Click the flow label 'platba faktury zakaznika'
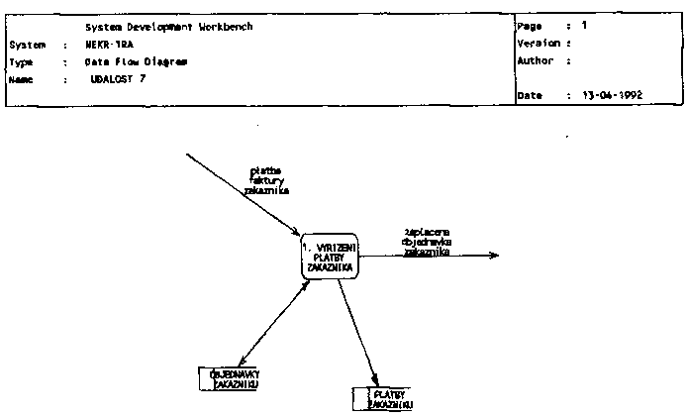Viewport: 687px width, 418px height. pyautogui.click(x=267, y=179)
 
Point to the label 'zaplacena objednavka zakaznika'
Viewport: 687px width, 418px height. pyautogui.click(x=427, y=241)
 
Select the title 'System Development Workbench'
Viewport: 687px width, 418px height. pyautogui.click(x=168, y=27)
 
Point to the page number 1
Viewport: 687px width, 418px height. pyautogui.click(x=584, y=25)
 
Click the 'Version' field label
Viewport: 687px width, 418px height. pyautogui.click(x=539, y=43)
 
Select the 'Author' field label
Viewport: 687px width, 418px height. pyautogui.click(x=536, y=60)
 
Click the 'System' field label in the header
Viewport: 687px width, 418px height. pyautogui.click(x=27, y=45)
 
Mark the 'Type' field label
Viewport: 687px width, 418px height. pyautogui.click(x=21, y=61)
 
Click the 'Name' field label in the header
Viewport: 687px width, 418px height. pyautogui.click(x=21, y=78)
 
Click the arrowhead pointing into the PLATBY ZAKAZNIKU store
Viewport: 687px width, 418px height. pyautogui.click(x=375, y=381)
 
